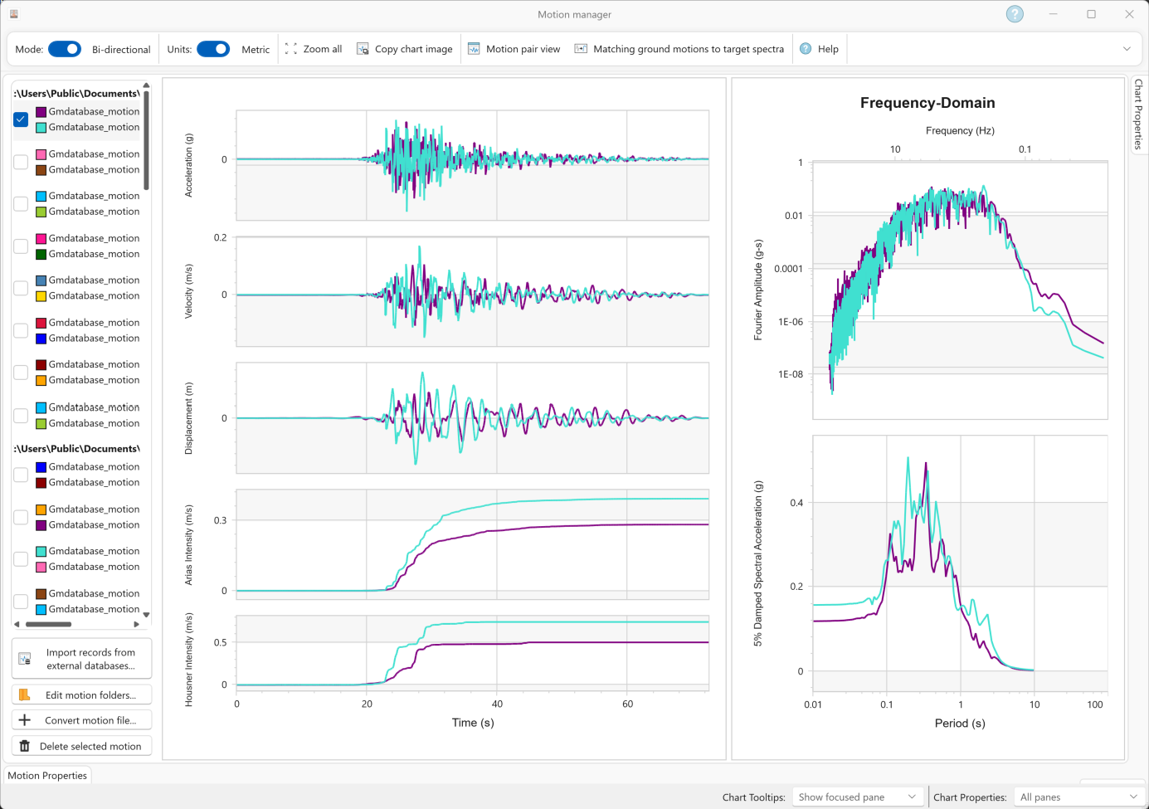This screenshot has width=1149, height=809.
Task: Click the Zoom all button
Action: [314, 49]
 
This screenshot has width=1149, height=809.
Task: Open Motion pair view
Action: [514, 49]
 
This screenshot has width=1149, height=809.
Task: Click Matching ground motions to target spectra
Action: [679, 49]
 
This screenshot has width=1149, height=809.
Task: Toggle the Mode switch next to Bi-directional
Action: [65, 49]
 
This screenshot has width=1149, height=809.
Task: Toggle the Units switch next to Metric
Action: [213, 49]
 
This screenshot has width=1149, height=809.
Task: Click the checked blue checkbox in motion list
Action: [21, 119]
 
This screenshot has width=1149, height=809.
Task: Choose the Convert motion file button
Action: [81, 719]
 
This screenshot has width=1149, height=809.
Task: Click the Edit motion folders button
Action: [81, 694]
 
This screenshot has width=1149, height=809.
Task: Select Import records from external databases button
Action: [81, 659]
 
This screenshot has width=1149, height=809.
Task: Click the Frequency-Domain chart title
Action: [927, 103]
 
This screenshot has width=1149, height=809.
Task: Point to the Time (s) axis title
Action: [473, 723]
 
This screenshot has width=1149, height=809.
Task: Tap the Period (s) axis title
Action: [960, 724]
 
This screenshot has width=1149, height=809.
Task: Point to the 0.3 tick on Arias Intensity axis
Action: [220, 520]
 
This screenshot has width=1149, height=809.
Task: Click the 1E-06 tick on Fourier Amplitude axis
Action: [790, 322]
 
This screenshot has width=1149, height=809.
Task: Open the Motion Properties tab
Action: [47, 775]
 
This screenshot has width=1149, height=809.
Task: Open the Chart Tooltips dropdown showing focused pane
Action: [857, 797]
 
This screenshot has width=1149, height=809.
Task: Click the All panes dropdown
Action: [1078, 797]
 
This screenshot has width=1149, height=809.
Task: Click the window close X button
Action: [1130, 14]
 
